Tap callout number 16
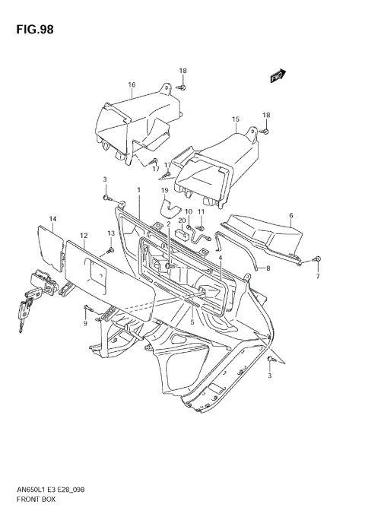(132, 85)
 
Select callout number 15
(236, 119)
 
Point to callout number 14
(53, 220)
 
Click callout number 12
(84, 236)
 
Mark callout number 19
(163, 190)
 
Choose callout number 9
(86, 325)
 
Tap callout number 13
(110, 233)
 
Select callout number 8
(267, 268)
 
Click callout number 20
(182, 220)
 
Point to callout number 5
(192, 322)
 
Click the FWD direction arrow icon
(278, 75)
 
